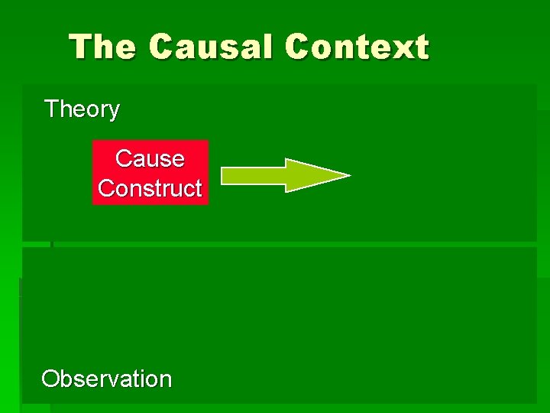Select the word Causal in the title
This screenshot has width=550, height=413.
click(x=212, y=47)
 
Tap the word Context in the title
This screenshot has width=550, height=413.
click(x=357, y=47)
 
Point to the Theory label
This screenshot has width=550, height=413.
click(x=82, y=109)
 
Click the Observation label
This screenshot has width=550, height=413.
click(x=107, y=379)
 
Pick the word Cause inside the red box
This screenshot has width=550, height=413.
click(x=150, y=158)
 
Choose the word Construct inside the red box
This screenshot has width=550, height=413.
click(x=150, y=188)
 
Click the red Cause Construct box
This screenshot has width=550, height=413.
click(x=150, y=173)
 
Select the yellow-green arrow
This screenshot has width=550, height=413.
click(x=284, y=175)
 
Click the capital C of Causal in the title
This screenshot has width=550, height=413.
click(x=162, y=47)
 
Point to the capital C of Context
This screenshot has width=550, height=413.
click(x=298, y=47)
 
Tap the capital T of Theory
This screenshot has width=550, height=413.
click(x=51, y=109)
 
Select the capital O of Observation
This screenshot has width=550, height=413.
click(x=50, y=379)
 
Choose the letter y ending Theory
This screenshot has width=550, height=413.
click(x=114, y=112)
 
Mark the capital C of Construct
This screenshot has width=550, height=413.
click(x=106, y=188)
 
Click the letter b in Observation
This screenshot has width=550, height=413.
click(x=69, y=378)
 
